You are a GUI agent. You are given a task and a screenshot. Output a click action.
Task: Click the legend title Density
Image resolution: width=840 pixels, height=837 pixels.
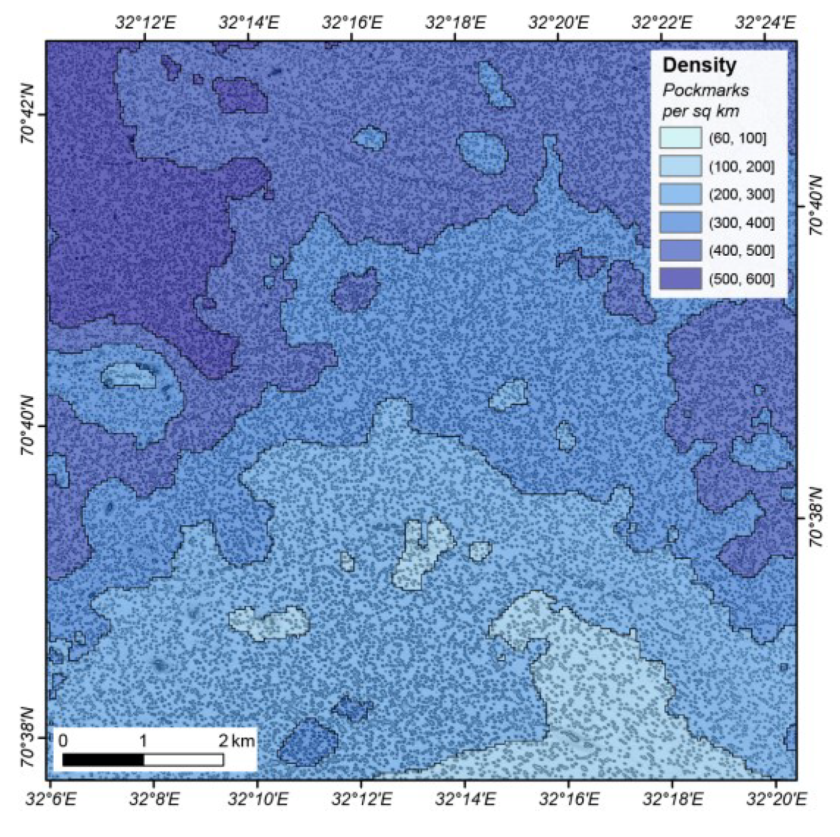(699, 65)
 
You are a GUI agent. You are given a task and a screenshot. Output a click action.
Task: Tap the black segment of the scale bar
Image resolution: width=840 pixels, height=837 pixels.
(103, 760)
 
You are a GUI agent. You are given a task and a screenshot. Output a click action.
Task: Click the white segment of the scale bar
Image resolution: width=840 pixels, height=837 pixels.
(184, 760)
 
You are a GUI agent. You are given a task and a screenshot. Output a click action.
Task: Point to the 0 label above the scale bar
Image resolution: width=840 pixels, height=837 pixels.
(63, 741)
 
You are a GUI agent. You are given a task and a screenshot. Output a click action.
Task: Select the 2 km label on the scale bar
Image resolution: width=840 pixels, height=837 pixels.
(236, 741)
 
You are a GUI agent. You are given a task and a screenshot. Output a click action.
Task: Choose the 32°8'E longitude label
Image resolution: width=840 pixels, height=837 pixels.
(155, 799)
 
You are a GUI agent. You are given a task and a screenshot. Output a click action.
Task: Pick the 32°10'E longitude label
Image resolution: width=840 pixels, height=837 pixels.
(257, 799)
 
